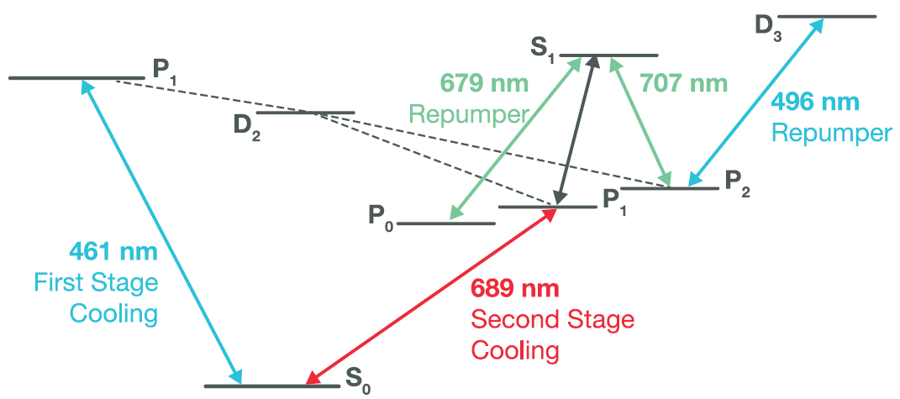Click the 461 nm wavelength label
point(113,251)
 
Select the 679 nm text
point(483,85)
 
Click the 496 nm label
point(816,102)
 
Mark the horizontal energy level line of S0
point(272,386)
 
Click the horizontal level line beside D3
point(827,17)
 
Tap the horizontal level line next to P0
point(445,223)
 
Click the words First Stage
point(96,283)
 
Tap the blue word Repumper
point(832,134)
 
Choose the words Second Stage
point(553,319)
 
